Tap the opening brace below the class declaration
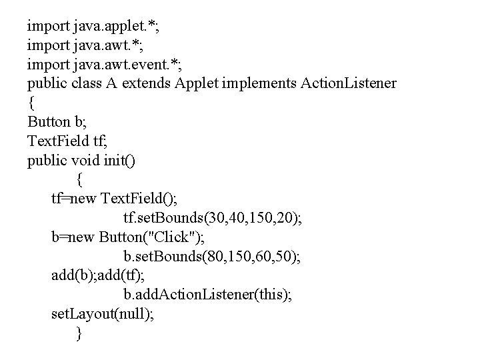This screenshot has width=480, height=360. coord(31,103)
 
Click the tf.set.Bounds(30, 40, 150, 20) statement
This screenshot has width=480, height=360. coord(212,218)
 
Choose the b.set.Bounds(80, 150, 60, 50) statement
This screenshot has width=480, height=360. coord(212,257)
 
